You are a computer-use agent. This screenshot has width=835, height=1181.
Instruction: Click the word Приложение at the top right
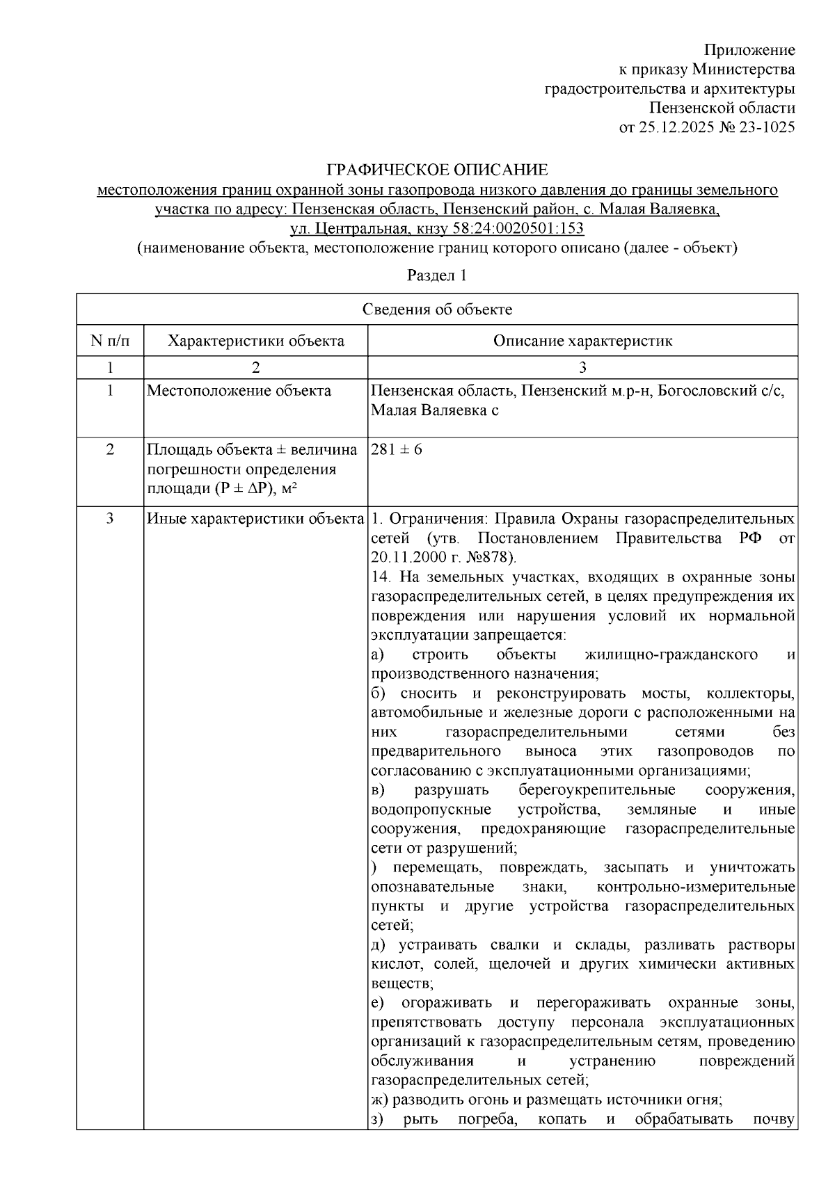[x=749, y=50]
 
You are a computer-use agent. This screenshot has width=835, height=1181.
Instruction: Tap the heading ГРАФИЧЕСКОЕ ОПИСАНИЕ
[x=437, y=170]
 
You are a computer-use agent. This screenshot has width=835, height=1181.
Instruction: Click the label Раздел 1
[x=437, y=275]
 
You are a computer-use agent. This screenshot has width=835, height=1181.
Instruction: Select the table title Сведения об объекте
[x=437, y=310]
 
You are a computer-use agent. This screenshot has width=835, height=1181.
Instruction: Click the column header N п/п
[x=110, y=341]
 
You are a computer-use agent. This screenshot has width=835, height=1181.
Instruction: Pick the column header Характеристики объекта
[x=256, y=341]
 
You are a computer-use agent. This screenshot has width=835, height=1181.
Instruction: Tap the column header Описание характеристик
[x=582, y=341]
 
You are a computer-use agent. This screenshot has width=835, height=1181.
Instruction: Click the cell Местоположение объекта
[x=239, y=391]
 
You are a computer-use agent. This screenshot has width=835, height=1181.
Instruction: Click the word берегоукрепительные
[x=597, y=790]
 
